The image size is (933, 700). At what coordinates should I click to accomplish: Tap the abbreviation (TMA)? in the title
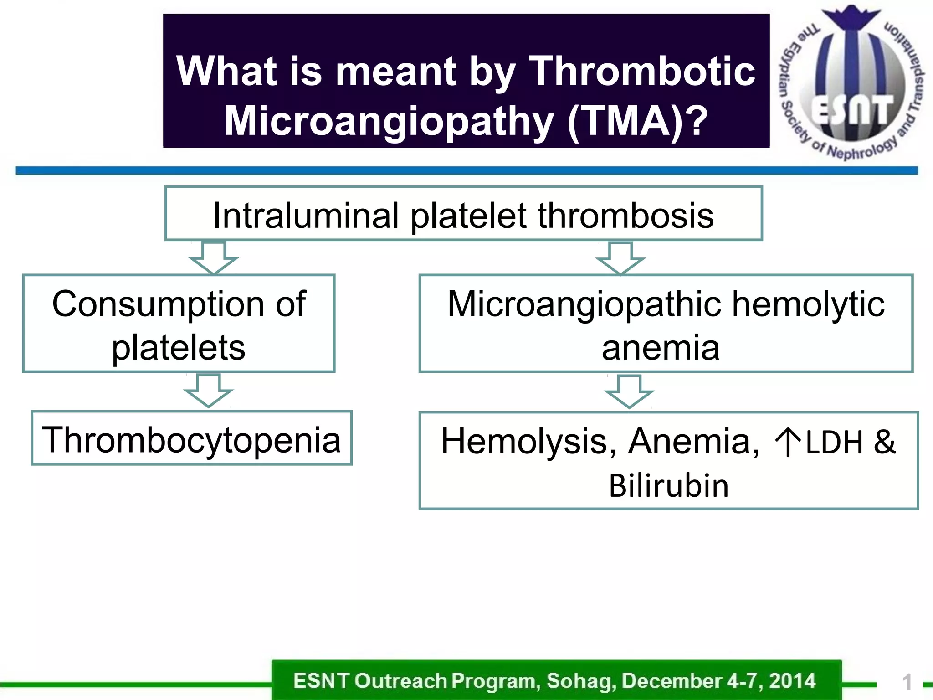638,121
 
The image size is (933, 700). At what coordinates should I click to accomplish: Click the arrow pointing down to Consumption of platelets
213,257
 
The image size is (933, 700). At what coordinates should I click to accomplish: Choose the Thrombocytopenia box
191,438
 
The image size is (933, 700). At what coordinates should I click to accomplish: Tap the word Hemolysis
528,442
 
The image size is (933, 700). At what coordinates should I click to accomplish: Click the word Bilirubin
668,486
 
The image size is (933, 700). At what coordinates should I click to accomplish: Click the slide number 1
907,683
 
